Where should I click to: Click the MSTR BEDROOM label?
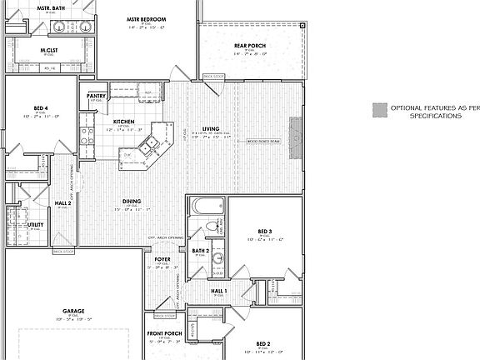pos(146,18)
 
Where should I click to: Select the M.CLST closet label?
pos(48,50)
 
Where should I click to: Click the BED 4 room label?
pos(42,108)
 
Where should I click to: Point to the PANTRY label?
pos(96,96)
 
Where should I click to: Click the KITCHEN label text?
pos(124,122)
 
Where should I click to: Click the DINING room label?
pos(132,201)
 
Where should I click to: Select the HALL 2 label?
pos(63,203)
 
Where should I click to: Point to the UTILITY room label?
pos(35,224)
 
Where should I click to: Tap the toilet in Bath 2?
pos(211,227)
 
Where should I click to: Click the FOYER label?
pos(162,259)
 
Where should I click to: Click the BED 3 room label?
pos(265,230)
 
